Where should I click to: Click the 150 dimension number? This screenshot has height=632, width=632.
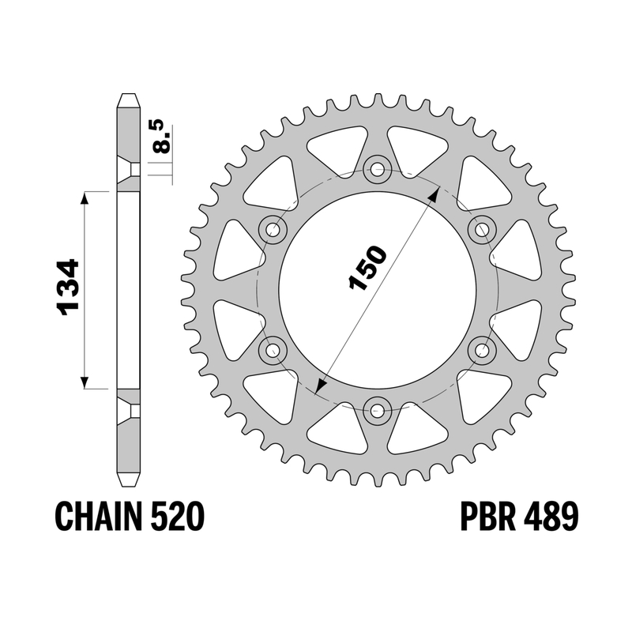(367, 269)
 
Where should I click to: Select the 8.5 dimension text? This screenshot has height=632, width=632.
(162, 136)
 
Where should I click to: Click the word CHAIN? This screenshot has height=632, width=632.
(98, 517)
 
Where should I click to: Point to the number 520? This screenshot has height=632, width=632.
(177, 517)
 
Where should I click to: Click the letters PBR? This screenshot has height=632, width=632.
(487, 517)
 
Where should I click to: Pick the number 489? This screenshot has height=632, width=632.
(551, 517)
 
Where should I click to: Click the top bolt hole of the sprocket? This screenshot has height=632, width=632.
(378, 168)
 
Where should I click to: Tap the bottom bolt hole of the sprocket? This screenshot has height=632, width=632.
(378, 411)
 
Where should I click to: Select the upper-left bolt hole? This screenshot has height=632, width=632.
(273, 229)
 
